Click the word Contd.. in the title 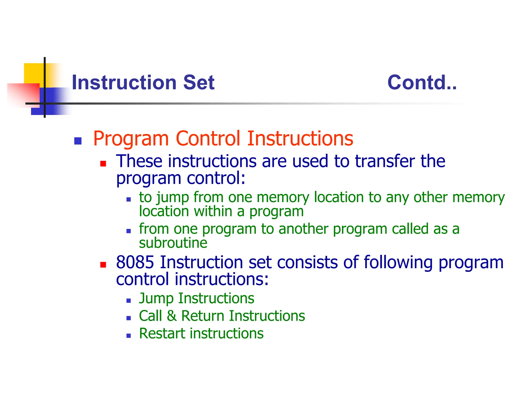coord(422,83)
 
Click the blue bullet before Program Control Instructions coord(78,141)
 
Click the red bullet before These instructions coord(103,164)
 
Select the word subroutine coord(173,243)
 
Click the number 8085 coord(135,262)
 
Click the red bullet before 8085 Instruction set coord(103,265)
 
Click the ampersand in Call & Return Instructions coord(172,316)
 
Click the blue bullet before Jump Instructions coord(129,300)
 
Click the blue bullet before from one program coord(129,231)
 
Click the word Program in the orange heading coord(131,139)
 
